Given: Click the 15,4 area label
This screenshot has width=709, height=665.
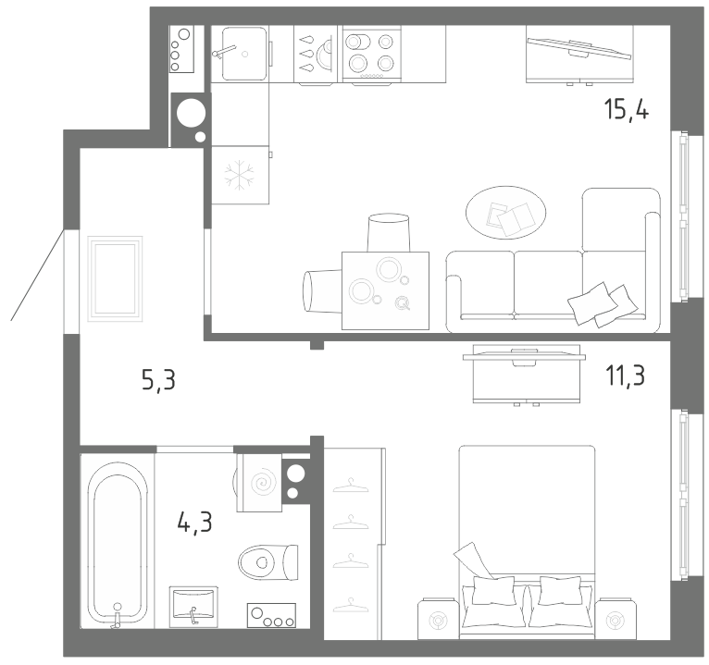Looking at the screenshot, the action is pos(627,110).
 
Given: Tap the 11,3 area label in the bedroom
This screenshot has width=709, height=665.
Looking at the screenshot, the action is pos(625,376).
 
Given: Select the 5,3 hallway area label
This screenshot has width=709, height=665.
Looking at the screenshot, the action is pos(158,379).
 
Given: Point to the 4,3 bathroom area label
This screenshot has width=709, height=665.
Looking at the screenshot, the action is pos(195,523).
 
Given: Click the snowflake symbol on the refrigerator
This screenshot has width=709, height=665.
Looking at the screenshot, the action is pos(239,175).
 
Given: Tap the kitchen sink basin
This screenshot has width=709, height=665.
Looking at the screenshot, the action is pos(244,53).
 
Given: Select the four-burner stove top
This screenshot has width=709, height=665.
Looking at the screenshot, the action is pos(372,54).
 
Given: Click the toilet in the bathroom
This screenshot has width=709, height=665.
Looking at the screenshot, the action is pos(268,562).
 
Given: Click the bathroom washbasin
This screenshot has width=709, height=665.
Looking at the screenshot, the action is pos(193,607).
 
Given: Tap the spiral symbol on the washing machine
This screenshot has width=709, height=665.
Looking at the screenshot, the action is pos(262,484).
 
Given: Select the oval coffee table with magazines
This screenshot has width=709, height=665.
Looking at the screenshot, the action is pos(506,213).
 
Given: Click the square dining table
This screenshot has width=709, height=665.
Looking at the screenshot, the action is pos(385,290).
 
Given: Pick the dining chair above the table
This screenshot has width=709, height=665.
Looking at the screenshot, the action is pos(389,233).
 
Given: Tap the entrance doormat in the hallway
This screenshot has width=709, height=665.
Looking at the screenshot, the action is pos(116,278).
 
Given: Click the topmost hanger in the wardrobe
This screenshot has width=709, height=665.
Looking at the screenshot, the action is pos(351,486).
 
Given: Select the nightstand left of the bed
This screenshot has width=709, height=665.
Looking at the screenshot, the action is pos(438,619).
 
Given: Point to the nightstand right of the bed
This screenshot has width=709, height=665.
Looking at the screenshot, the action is pos(615,619).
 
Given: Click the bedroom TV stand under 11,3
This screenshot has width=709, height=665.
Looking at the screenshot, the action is pos(526,375).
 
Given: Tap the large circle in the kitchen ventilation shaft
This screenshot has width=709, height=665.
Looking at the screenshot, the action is pos(191,113).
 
